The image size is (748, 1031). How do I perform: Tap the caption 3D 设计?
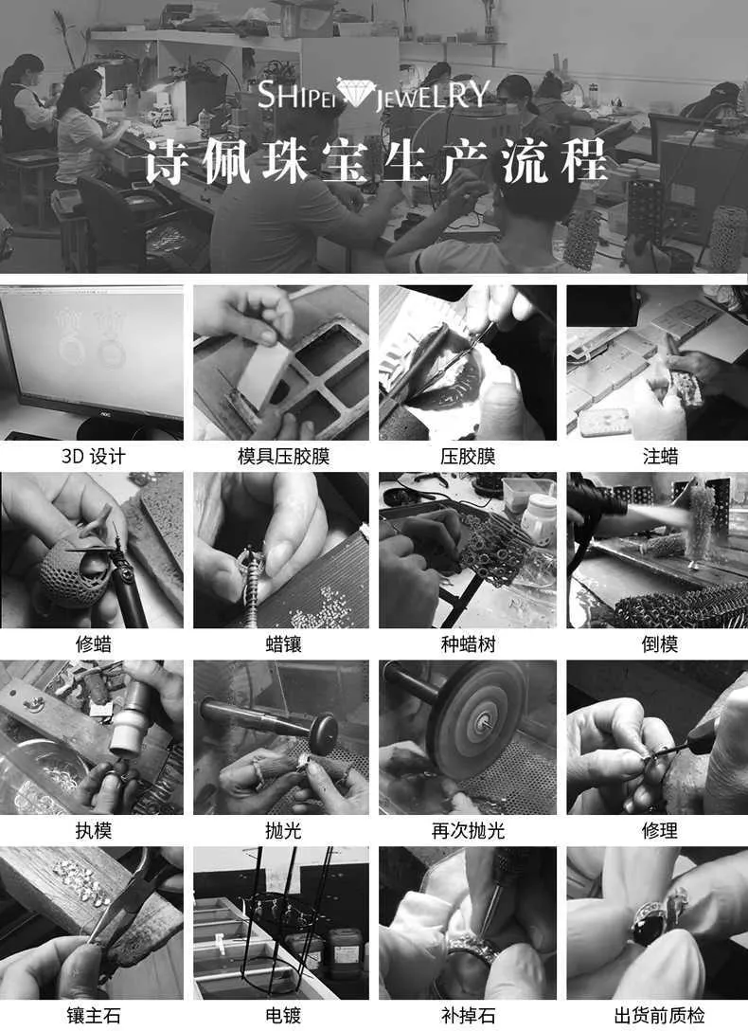pos(93,457)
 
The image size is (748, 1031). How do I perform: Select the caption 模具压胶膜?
pos(284,457)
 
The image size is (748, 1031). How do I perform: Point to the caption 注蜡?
pos(660,457)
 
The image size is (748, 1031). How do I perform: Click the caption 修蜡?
pos(93,643)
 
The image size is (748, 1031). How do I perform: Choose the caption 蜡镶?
pos(284,643)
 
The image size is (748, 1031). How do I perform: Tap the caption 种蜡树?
pos(468,643)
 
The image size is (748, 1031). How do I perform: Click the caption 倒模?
pos(660,643)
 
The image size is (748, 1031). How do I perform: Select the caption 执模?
pos(93,830)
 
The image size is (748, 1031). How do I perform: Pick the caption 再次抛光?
pos(468,830)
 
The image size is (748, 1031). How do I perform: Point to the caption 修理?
pos(660,830)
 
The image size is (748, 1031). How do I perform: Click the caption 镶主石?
pos(93,1015)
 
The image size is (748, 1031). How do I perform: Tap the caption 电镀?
pos(284,1015)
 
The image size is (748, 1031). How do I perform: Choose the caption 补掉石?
pos(468,1015)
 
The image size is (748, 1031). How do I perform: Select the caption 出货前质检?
pos(660,1015)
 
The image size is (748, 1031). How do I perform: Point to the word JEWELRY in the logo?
pos(432,95)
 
